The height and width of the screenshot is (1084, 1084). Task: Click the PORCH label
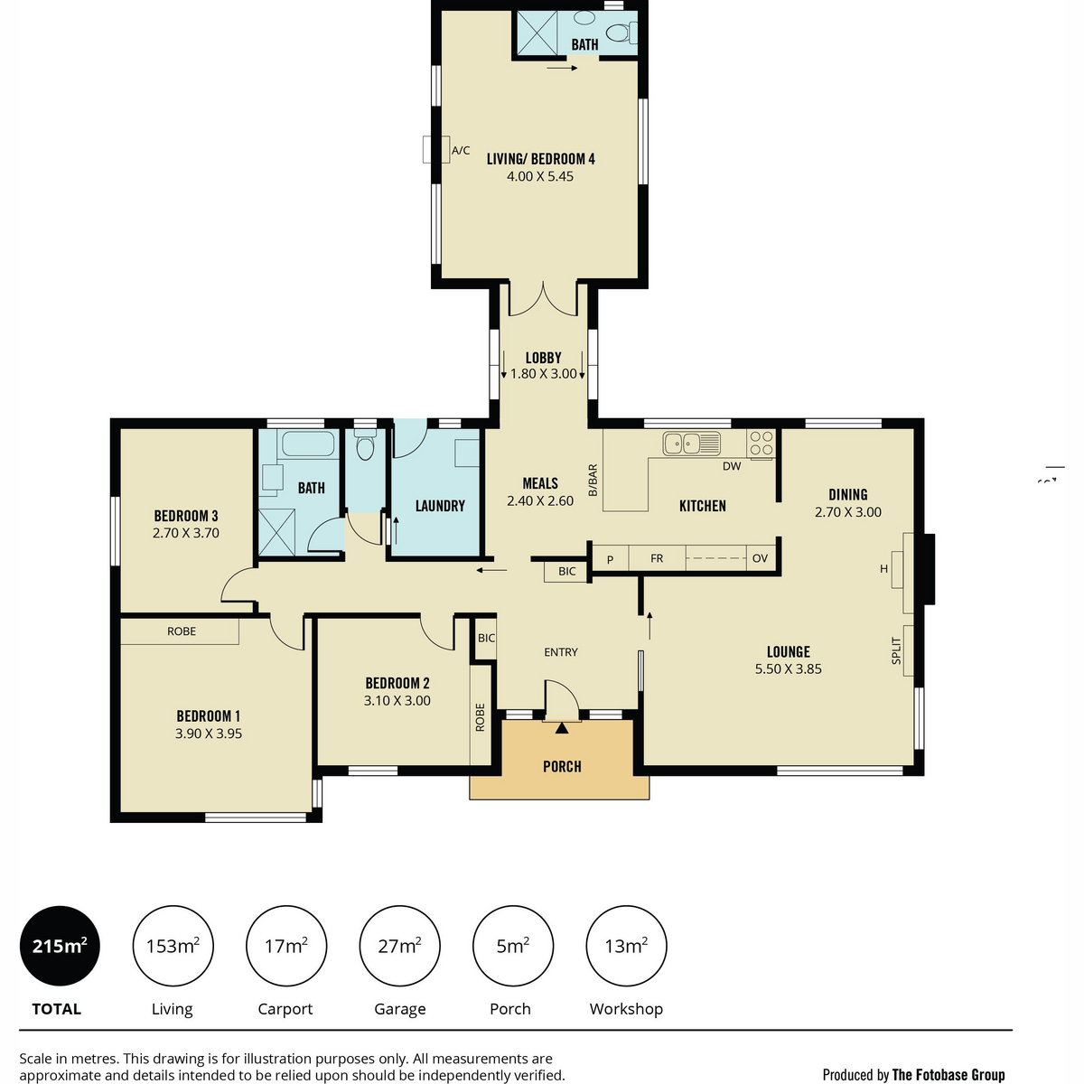point(561,766)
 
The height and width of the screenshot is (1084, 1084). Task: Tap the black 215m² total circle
point(60,946)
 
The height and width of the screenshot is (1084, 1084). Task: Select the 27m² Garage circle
point(399,946)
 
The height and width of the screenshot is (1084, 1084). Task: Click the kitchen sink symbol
point(691,444)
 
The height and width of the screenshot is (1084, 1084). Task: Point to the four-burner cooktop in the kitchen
point(762,444)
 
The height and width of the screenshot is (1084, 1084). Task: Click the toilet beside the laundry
point(365,444)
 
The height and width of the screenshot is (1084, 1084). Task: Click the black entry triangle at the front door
point(561,728)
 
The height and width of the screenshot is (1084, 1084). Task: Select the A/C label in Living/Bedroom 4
point(460,150)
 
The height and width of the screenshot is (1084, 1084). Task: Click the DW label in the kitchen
point(732,466)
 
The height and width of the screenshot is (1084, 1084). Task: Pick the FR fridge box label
point(657,558)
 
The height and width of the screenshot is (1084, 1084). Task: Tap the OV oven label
point(760,558)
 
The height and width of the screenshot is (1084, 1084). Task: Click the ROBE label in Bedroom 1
point(182,631)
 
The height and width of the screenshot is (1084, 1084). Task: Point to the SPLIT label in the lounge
point(896,650)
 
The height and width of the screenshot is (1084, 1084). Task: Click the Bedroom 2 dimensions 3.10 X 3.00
point(397,700)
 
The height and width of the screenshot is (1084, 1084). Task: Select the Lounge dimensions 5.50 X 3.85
point(788,668)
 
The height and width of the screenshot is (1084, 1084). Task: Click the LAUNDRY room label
point(440,506)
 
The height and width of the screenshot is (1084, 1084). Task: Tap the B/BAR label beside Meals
point(593,481)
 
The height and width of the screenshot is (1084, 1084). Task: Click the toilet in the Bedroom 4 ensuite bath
point(621,32)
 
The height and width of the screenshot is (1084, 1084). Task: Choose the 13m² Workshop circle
point(626,946)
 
